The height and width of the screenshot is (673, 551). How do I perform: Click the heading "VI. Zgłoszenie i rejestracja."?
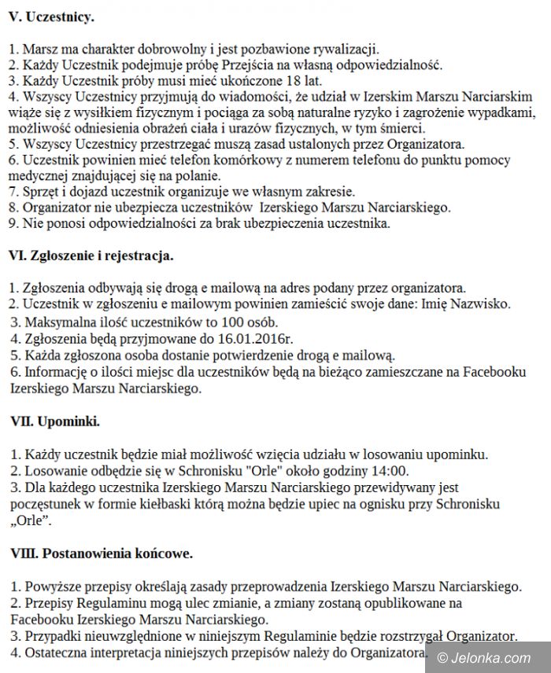coord(91,256)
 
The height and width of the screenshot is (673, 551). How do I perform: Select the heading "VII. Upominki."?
coord(55,421)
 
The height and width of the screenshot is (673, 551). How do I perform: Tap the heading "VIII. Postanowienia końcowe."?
coord(102,553)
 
